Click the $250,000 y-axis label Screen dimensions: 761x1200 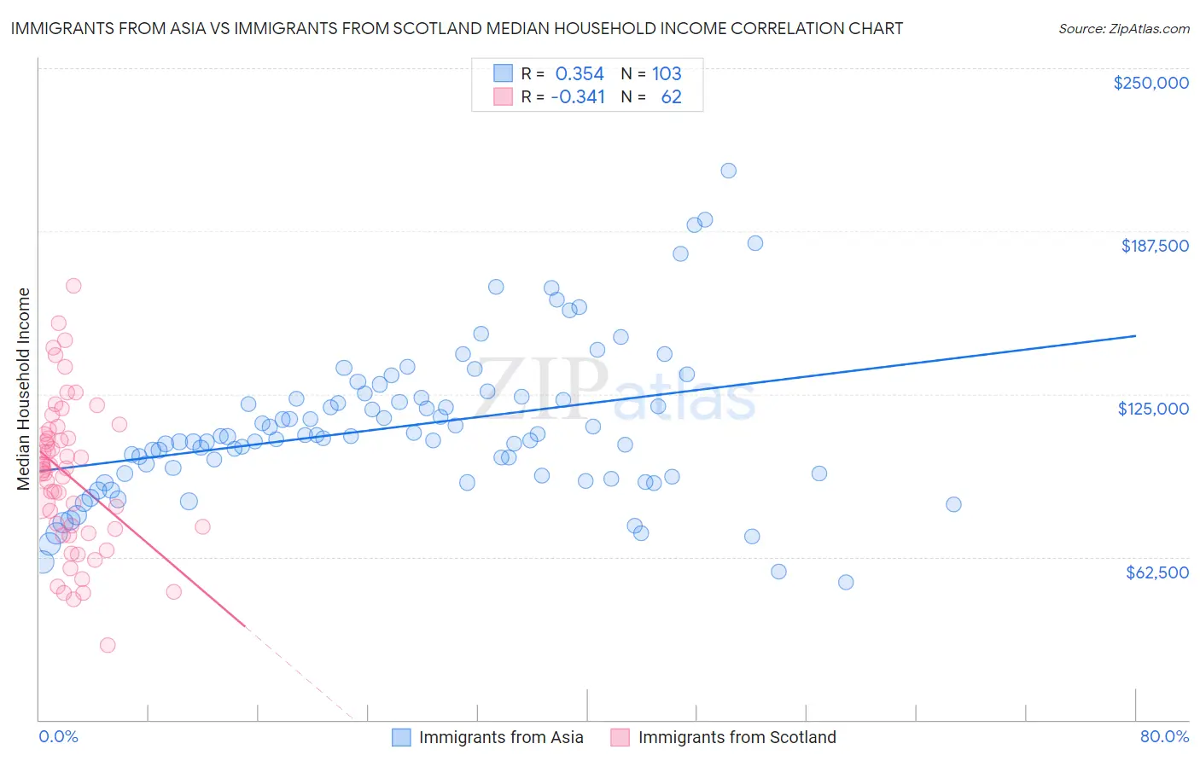point(1150,83)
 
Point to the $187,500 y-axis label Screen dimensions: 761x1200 point(1154,246)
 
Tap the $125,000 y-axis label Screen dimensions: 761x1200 point(1153,409)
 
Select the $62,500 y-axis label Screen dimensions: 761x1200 point(1156,572)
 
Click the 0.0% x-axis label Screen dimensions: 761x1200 point(58,736)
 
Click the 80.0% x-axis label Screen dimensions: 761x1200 point(1164,736)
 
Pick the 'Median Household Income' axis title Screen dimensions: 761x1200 point(23,389)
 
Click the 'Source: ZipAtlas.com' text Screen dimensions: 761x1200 point(1123,28)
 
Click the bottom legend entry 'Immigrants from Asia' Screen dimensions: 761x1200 point(501,737)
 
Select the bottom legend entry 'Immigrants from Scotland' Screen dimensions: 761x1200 point(737,737)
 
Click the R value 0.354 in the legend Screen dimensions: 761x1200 point(580,74)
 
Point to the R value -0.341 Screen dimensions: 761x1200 point(578,97)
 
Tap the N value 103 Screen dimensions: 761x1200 point(667,74)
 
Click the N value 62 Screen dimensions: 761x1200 point(671,97)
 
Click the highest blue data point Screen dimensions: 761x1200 point(728,171)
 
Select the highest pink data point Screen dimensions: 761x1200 point(73,286)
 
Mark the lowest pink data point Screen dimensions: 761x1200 point(108,645)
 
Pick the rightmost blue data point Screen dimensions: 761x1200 point(953,504)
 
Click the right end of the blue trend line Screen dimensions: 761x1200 point(1135,336)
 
